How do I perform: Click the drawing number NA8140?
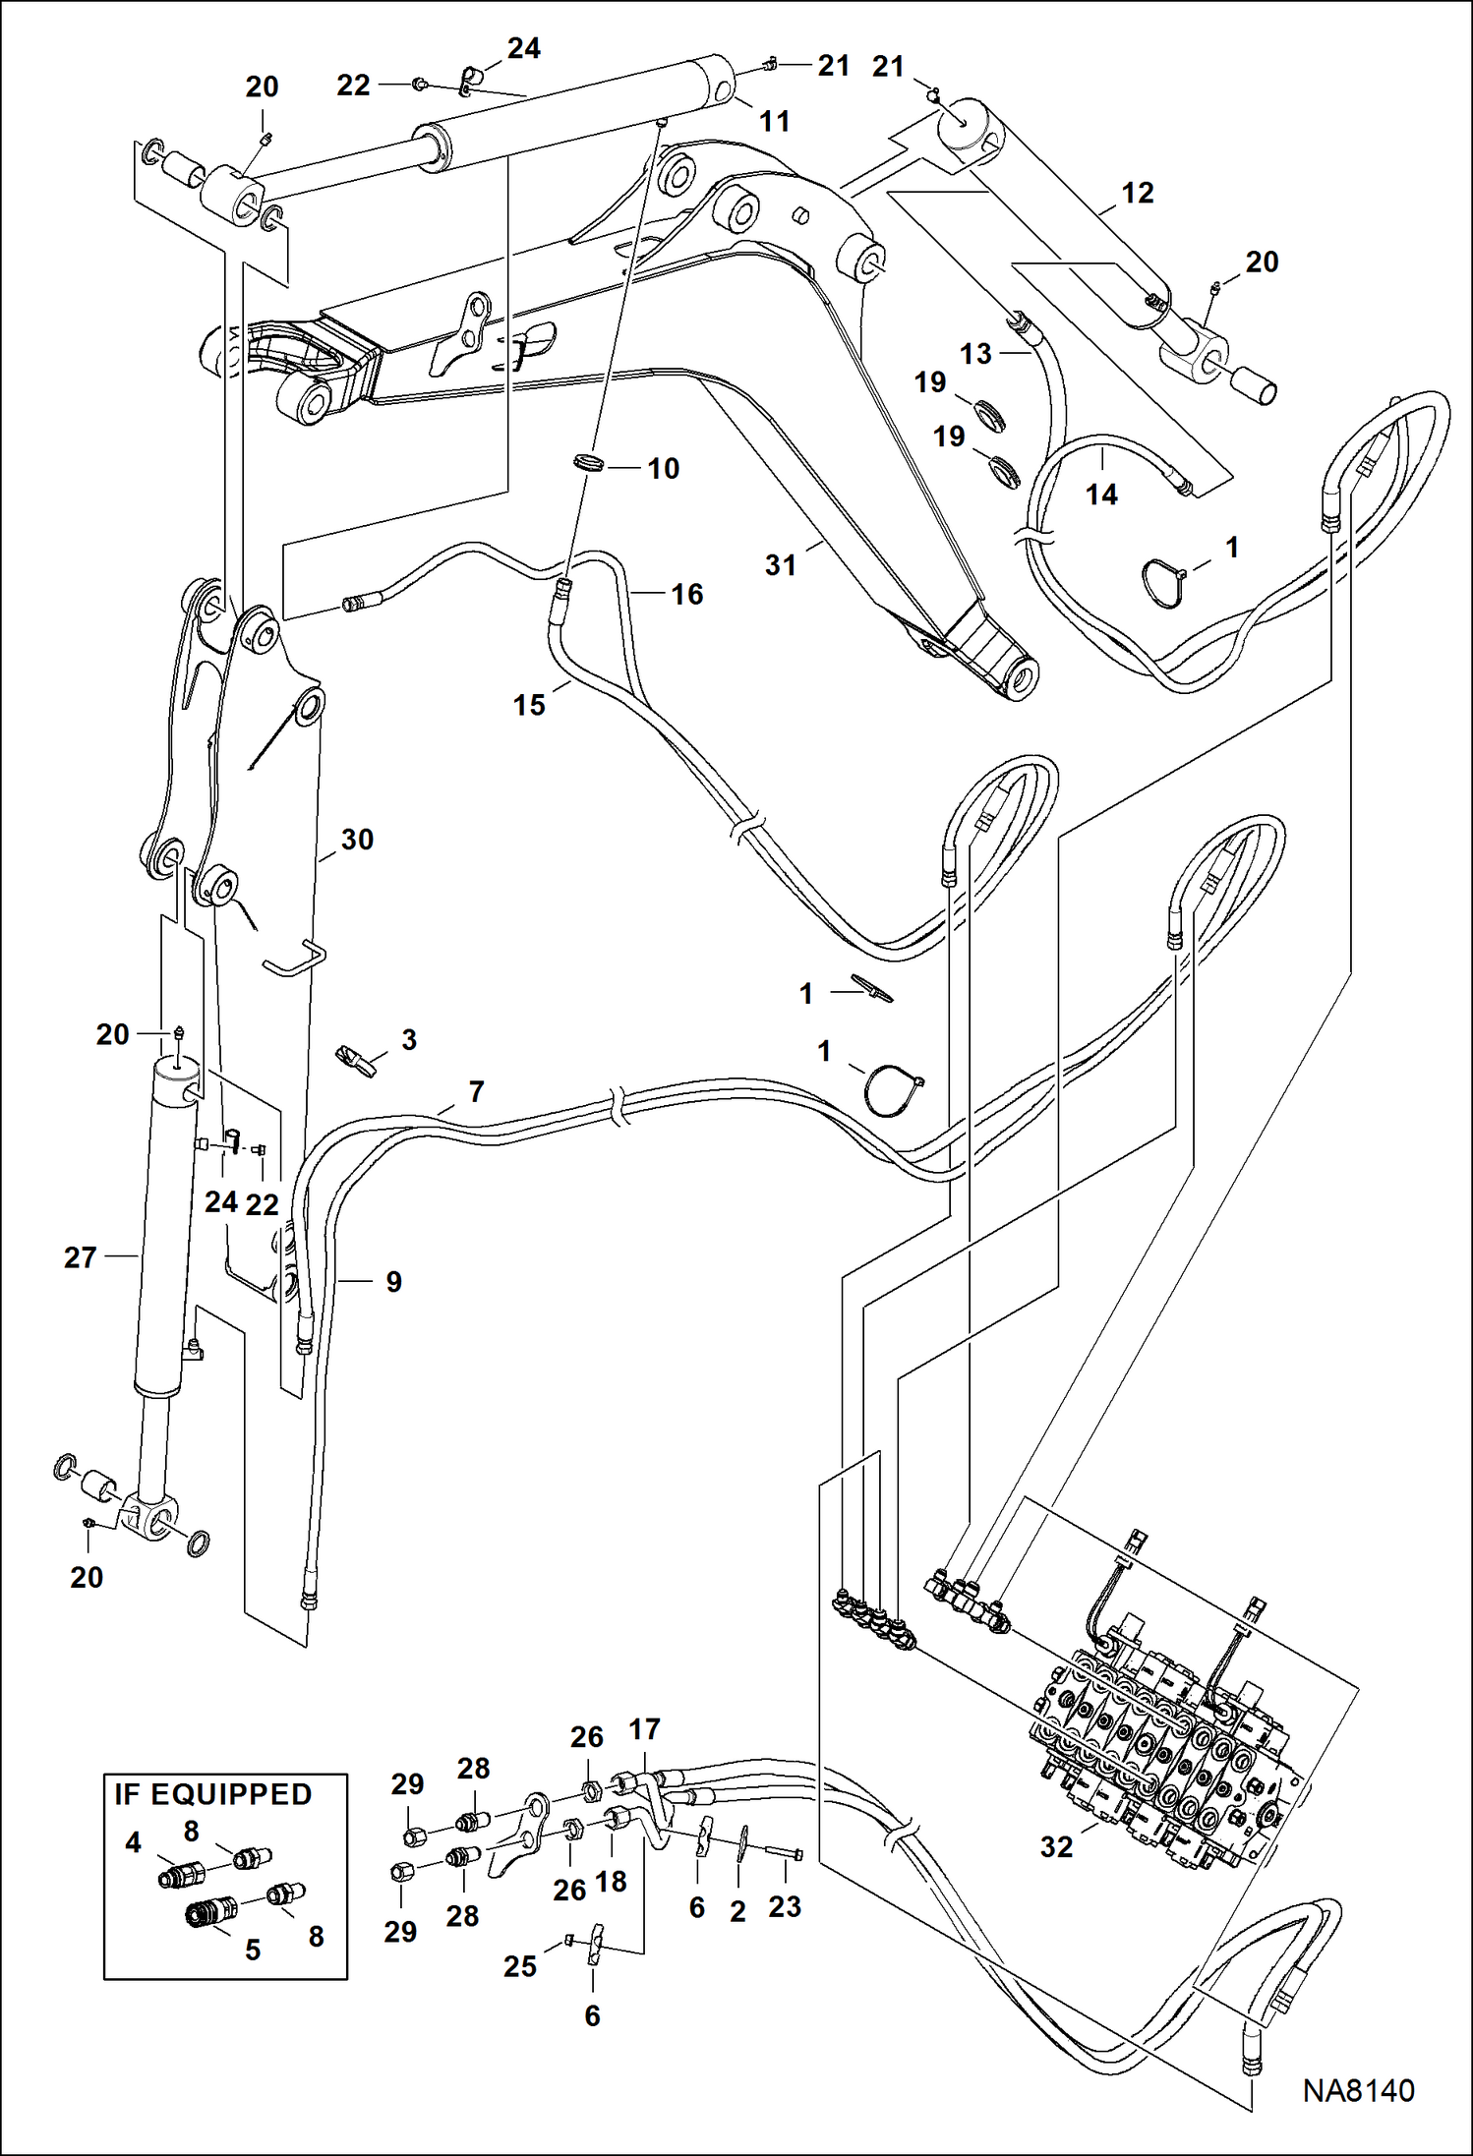pyautogui.click(x=1358, y=2091)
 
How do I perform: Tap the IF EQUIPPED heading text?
pyautogui.click(x=213, y=1794)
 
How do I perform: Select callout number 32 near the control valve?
pyautogui.click(x=1057, y=1847)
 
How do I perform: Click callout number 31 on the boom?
pyautogui.click(x=780, y=565)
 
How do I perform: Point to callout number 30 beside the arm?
pyautogui.click(x=357, y=840)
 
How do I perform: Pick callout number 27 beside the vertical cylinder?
pyautogui.click(x=81, y=1257)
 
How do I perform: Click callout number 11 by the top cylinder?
pyautogui.click(x=775, y=122)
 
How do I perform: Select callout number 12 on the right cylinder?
pyautogui.click(x=1138, y=193)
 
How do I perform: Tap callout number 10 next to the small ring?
pyautogui.click(x=664, y=469)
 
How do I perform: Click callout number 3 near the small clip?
pyautogui.click(x=409, y=1039)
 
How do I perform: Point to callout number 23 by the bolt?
pyautogui.click(x=785, y=1906)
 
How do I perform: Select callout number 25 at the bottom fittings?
pyautogui.click(x=520, y=1966)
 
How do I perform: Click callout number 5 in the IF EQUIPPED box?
pyautogui.click(x=253, y=1950)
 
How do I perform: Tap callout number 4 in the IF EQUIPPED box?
pyautogui.click(x=134, y=1842)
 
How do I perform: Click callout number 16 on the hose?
pyautogui.click(x=687, y=594)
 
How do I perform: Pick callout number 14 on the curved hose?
pyautogui.click(x=1101, y=495)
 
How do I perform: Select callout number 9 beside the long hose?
pyautogui.click(x=393, y=1282)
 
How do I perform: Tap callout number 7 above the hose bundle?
pyautogui.click(x=477, y=1091)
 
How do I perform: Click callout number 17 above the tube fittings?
pyautogui.click(x=645, y=1729)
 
